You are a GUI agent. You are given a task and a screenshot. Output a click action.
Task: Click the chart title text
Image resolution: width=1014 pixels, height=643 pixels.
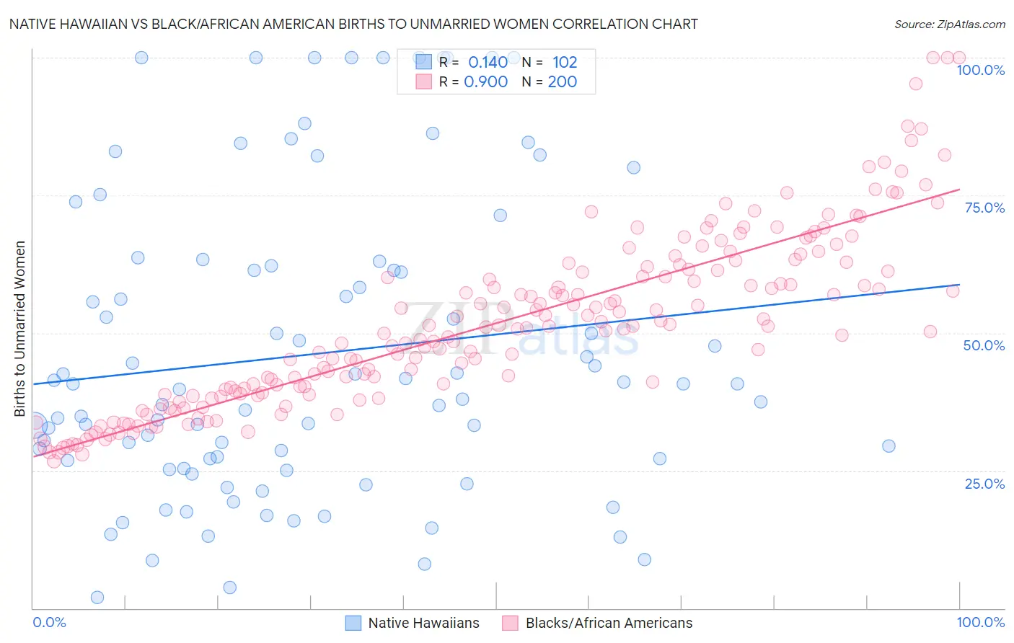tap(353, 24)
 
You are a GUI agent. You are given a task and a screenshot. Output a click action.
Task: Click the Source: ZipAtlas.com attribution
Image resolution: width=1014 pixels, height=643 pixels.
tap(949, 24)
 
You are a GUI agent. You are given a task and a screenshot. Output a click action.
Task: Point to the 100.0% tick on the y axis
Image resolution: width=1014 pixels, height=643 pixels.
tap(980, 70)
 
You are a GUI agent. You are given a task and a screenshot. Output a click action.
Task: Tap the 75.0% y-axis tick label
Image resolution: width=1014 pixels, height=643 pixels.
tap(984, 208)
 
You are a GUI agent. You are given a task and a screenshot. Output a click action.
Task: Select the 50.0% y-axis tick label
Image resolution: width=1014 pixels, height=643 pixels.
tap(984, 345)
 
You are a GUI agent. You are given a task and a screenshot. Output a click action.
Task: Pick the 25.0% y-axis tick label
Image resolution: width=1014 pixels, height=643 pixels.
tap(984, 484)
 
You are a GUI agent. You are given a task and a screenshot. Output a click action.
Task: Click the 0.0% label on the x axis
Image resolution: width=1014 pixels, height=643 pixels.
tap(49, 622)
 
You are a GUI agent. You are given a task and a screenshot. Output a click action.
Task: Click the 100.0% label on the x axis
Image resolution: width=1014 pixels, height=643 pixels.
tap(980, 622)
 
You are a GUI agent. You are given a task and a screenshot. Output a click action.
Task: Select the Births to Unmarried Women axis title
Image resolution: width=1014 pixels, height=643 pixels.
tap(19, 329)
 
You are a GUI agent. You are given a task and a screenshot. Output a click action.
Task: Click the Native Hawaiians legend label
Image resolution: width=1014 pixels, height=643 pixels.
tap(423, 623)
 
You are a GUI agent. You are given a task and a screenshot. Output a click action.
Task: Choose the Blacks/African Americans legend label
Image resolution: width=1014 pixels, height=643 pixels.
tap(609, 623)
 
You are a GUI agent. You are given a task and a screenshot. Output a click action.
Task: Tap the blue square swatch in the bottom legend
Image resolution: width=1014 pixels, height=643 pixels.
tap(353, 623)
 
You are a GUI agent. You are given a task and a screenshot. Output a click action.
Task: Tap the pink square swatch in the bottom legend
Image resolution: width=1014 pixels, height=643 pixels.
tap(511, 623)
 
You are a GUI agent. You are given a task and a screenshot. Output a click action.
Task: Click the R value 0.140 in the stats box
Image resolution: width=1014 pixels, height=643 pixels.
tap(488, 62)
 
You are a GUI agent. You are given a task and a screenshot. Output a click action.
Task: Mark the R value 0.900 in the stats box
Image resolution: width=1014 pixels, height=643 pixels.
tap(485, 82)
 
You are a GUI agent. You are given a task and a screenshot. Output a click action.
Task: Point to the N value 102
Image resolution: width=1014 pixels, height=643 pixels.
tap(565, 62)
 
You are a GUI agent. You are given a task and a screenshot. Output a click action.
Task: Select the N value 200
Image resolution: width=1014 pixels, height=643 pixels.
tap(562, 82)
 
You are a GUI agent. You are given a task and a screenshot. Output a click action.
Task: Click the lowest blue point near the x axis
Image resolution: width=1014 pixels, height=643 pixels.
tap(97, 598)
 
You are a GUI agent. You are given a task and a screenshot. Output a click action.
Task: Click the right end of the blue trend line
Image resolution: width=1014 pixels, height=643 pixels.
tap(959, 285)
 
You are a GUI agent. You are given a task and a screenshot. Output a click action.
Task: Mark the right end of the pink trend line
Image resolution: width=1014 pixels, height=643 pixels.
tap(959, 189)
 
